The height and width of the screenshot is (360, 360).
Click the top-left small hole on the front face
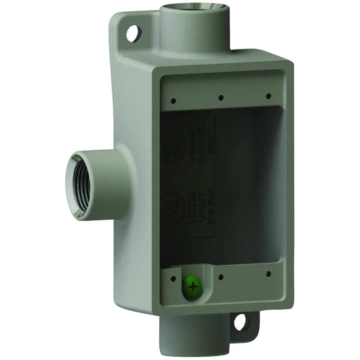tap(173, 101)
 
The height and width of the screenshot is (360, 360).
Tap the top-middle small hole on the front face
tap(221, 98)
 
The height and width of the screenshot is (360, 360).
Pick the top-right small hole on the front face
tap(268, 96)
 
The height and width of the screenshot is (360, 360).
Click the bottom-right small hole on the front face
tap(268, 274)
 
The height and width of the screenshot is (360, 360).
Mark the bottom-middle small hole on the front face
tap(221, 277)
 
